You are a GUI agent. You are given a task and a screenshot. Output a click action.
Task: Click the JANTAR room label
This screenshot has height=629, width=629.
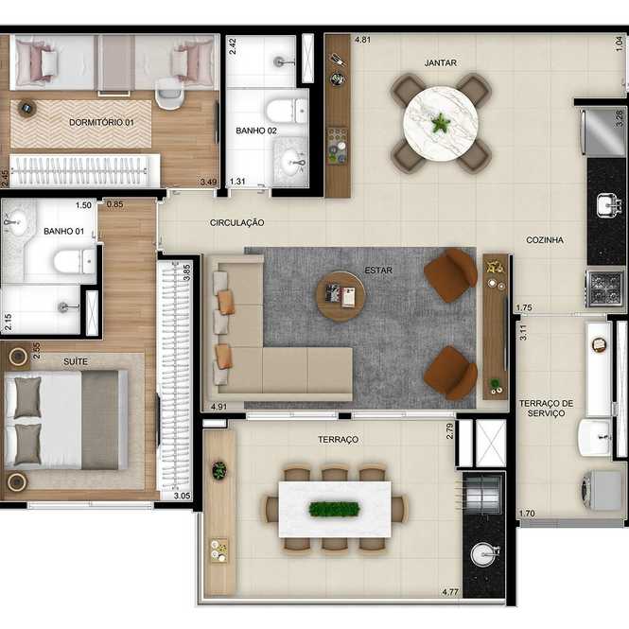[x=440, y=63]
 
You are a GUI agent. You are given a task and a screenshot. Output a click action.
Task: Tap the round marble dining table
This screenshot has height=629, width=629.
[x=441, y=123]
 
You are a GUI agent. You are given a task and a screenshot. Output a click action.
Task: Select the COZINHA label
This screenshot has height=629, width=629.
[x=545, y=240]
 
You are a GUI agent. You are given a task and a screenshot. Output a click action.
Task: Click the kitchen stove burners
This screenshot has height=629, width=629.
[x=605, y=288]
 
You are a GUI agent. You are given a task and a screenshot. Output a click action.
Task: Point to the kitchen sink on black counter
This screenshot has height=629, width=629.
[x=607, y=205]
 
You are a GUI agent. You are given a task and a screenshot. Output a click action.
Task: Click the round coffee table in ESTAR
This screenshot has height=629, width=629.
[x=341, y=296]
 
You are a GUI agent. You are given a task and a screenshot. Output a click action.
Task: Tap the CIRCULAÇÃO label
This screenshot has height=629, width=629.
[x=236, y=223]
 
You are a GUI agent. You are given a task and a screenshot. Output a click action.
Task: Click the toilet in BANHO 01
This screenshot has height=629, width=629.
[x=75, y=262]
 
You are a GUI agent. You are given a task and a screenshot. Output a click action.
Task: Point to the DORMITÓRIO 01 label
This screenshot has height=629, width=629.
[x=101, y=122]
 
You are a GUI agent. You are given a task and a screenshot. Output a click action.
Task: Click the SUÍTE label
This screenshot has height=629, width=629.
[x=76, y=362]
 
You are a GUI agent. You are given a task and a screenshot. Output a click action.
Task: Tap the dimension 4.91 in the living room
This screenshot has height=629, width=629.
[x=219, y=407]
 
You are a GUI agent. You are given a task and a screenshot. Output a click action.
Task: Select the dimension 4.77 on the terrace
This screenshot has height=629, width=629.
[x=450, y=592]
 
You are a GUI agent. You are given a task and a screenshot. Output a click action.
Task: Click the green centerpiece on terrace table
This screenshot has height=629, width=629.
[x=334, y=510]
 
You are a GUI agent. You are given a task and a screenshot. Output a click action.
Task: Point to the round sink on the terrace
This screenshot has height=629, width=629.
[x=485, y=554]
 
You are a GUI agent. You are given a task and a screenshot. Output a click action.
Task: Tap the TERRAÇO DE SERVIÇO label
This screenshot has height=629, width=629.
[x=546, y=409]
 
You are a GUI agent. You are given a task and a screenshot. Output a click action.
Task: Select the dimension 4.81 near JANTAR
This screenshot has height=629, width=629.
[x=362, y=40]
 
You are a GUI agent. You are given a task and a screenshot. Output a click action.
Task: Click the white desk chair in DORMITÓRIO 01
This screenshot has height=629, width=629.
[x=169, y=94]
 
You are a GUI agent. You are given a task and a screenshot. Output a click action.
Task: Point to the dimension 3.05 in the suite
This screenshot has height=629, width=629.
[x=182, y=496]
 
